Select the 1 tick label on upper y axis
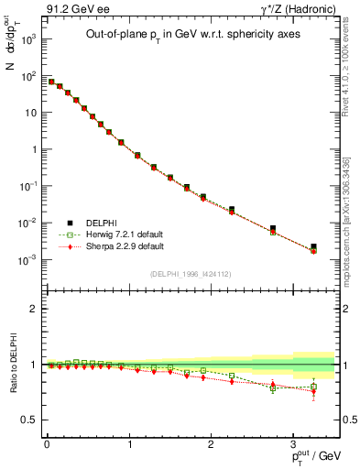click(32, 149)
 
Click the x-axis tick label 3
click(293, 442)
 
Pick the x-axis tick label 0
click(47, 442)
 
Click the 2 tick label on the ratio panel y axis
click(32, 310)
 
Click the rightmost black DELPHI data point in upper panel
click(313, 246)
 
